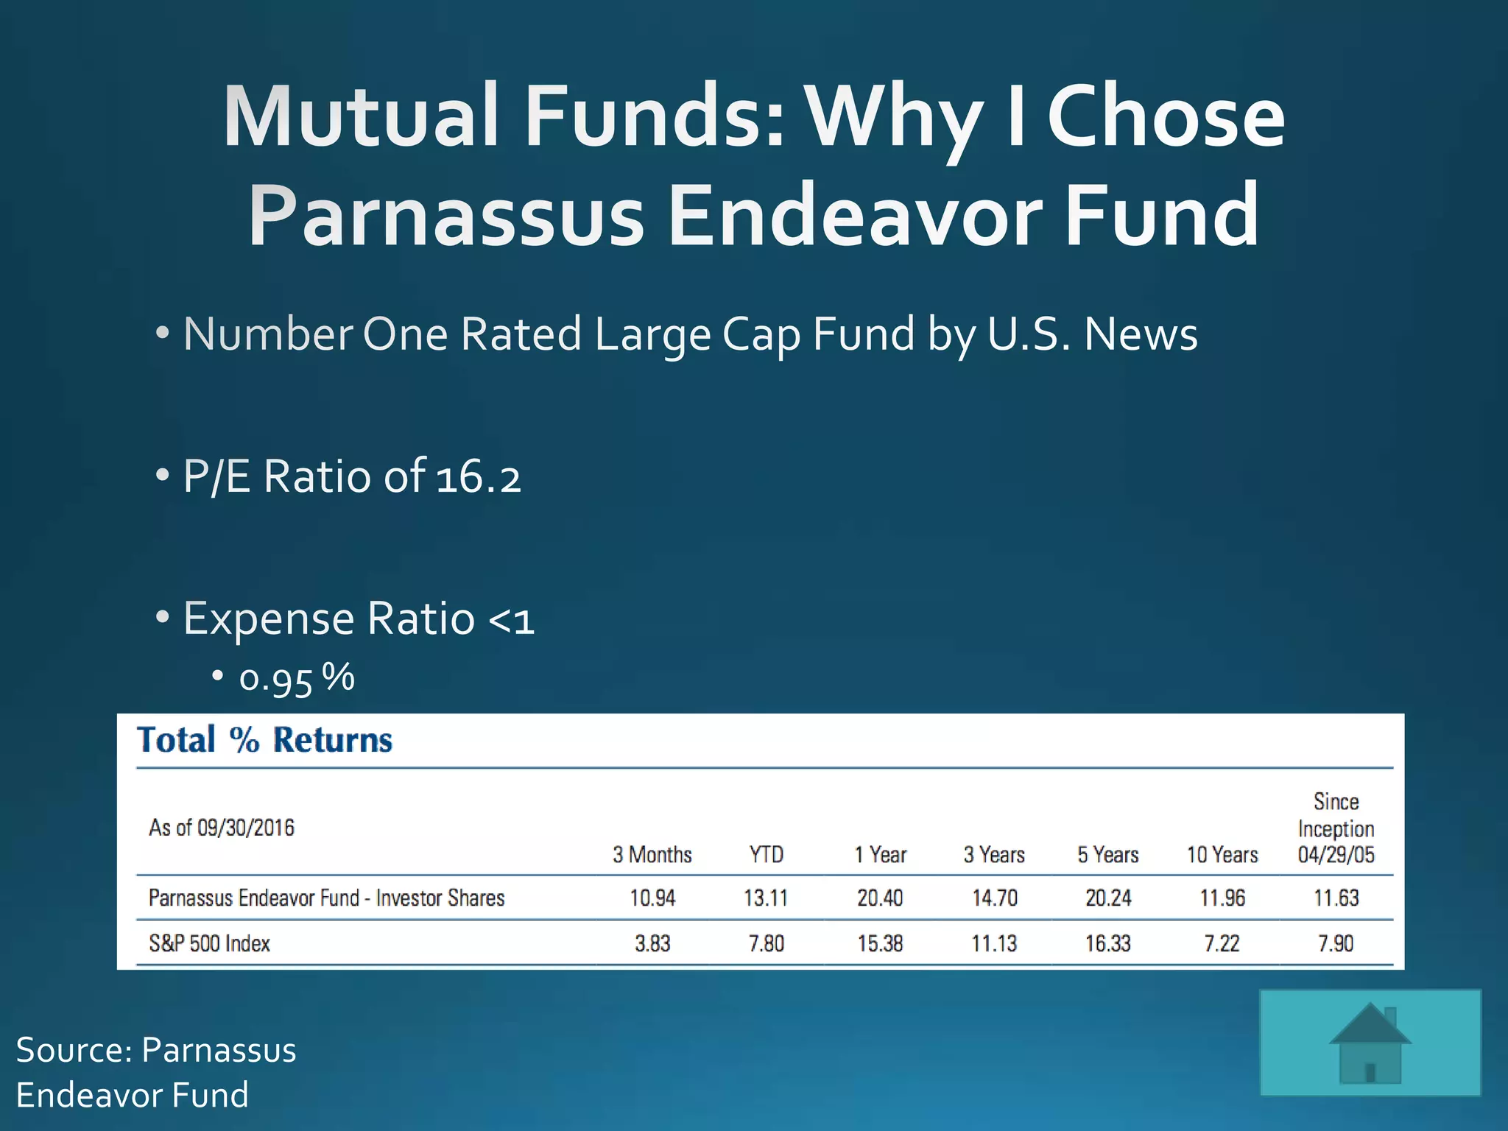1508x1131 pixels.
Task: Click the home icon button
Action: [x=1370, y=1043]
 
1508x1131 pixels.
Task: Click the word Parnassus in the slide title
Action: [x=446, y=216]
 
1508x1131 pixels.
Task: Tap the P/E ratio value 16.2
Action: [x=479, y=476]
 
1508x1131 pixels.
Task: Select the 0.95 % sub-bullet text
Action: [x=297, y=678]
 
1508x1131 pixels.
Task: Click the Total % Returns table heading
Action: [x=265, y=740]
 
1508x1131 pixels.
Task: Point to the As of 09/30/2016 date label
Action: [x=222, y=828]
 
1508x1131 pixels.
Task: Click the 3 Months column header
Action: [x=652, y=855]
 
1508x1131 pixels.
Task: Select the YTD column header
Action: [x=767, y=855]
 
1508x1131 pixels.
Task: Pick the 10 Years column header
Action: [x=1222, y=855]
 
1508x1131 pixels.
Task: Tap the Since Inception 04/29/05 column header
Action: [x=1336, y=828]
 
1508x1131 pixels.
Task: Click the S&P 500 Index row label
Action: [x=210, y=943]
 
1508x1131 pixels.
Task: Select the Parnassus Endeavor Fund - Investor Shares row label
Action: [x=326, y=898]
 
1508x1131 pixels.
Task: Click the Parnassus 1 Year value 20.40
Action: [x=880, y=898]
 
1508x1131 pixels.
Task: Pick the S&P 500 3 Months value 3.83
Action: [x=652, y=943]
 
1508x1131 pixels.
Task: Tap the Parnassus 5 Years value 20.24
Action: [x=1108, y=898]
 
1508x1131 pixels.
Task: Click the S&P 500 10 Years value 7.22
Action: [x=1222, y=943]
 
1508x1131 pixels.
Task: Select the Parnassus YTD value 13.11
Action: [x=766, y=898]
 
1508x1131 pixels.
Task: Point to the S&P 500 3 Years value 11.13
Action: [x=994, y=943]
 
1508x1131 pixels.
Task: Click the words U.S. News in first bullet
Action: [x=1092, y=334]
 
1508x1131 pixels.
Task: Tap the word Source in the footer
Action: [x=74, y=1050]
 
